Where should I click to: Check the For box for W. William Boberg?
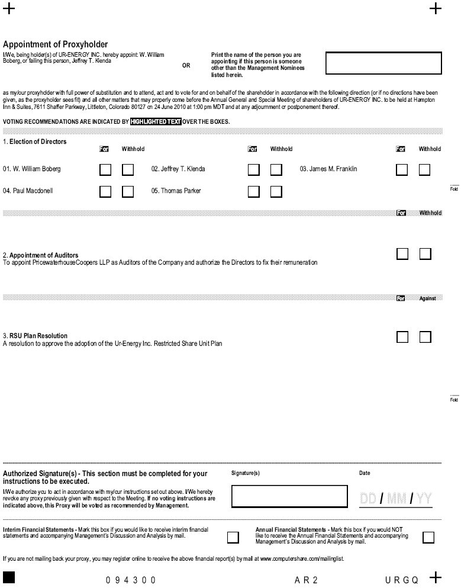coord(105,170)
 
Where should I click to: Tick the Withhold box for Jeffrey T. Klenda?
coord(276,170)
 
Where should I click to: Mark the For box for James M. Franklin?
coord(402,170)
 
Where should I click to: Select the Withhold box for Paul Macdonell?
coord(128,191)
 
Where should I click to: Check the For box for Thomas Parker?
coord(254,191)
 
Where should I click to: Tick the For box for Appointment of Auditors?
coord(402,254)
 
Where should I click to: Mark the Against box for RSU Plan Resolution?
coord(425,337)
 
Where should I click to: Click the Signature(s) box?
coord(280,496)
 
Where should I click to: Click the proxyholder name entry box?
coord(383,63)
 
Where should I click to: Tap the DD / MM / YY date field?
coord(396,499)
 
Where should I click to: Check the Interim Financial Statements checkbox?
coord(233,537)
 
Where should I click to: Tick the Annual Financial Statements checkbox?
coord(428,537)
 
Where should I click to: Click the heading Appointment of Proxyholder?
coord(56,44)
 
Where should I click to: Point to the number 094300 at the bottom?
coord(131,580)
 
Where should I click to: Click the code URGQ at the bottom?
coord(402,580)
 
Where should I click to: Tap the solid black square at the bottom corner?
coord(9,578)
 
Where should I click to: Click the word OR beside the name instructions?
coord(186,66)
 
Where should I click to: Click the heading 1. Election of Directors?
coord(35,142)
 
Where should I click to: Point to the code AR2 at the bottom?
coord(307,580)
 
